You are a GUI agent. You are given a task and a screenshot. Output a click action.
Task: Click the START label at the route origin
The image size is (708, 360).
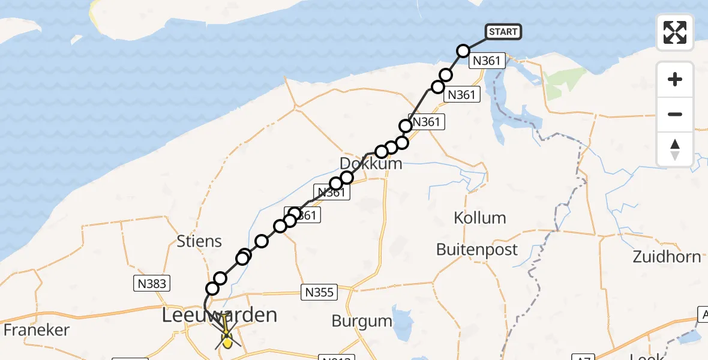pyautogui.click(x=503, y=32)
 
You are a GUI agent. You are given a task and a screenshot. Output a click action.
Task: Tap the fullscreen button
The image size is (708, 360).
pyautogui.click(x=675, y=32)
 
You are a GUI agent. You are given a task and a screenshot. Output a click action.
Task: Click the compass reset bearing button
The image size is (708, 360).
pyautogui.click(x=675, y=149)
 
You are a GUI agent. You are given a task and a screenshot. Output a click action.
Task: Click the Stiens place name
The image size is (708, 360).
pyautogui.click(x=200, y=241)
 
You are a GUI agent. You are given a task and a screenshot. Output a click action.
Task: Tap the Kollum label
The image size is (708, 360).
pyautogui.click(x=480, y=218)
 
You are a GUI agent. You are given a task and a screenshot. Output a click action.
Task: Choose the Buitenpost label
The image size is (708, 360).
pyautogui.click(x=477, y=249)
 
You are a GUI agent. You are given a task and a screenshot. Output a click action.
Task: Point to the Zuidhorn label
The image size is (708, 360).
pyautogui.click(x=667, y=257)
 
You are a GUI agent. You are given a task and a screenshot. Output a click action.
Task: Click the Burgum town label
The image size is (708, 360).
pyautogui.click(x=362, y=321)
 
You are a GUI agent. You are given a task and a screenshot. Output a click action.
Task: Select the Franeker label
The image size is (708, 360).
pyautogui.click(x=37, y=329)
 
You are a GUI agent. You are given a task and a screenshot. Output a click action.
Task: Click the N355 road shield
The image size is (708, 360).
pyautogui.click(x=319, y=292)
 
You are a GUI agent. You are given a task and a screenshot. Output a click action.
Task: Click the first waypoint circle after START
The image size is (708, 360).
pyautogui.click(x=463, y=51)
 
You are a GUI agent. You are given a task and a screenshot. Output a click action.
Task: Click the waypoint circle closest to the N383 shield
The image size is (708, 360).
pyautogui.click(x=212, y=289)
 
